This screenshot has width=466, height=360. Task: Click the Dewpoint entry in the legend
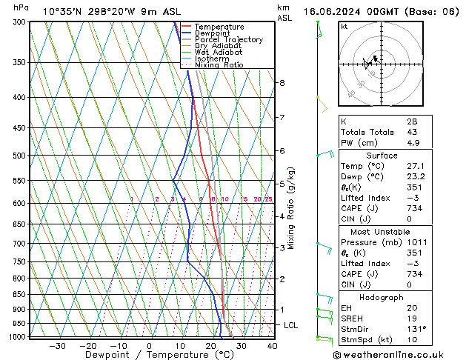tap(213, 33)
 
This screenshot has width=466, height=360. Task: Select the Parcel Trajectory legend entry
tap(228, 40)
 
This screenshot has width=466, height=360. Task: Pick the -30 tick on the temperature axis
tap(57, 345)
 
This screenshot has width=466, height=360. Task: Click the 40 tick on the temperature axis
tap(272, 345)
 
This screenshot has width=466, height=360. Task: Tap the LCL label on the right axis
tap(292, 325)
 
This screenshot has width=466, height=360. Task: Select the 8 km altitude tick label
tap(282, 82)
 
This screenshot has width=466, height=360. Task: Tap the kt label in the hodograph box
tap(344, 26)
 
